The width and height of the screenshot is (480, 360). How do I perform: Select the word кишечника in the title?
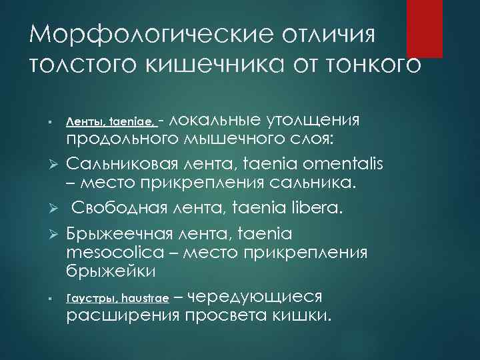click(228, 64)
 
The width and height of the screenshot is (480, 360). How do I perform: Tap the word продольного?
click(121, 139)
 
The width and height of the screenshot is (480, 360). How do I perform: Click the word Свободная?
click(123, 209)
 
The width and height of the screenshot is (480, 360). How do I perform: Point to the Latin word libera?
click(317, 209)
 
